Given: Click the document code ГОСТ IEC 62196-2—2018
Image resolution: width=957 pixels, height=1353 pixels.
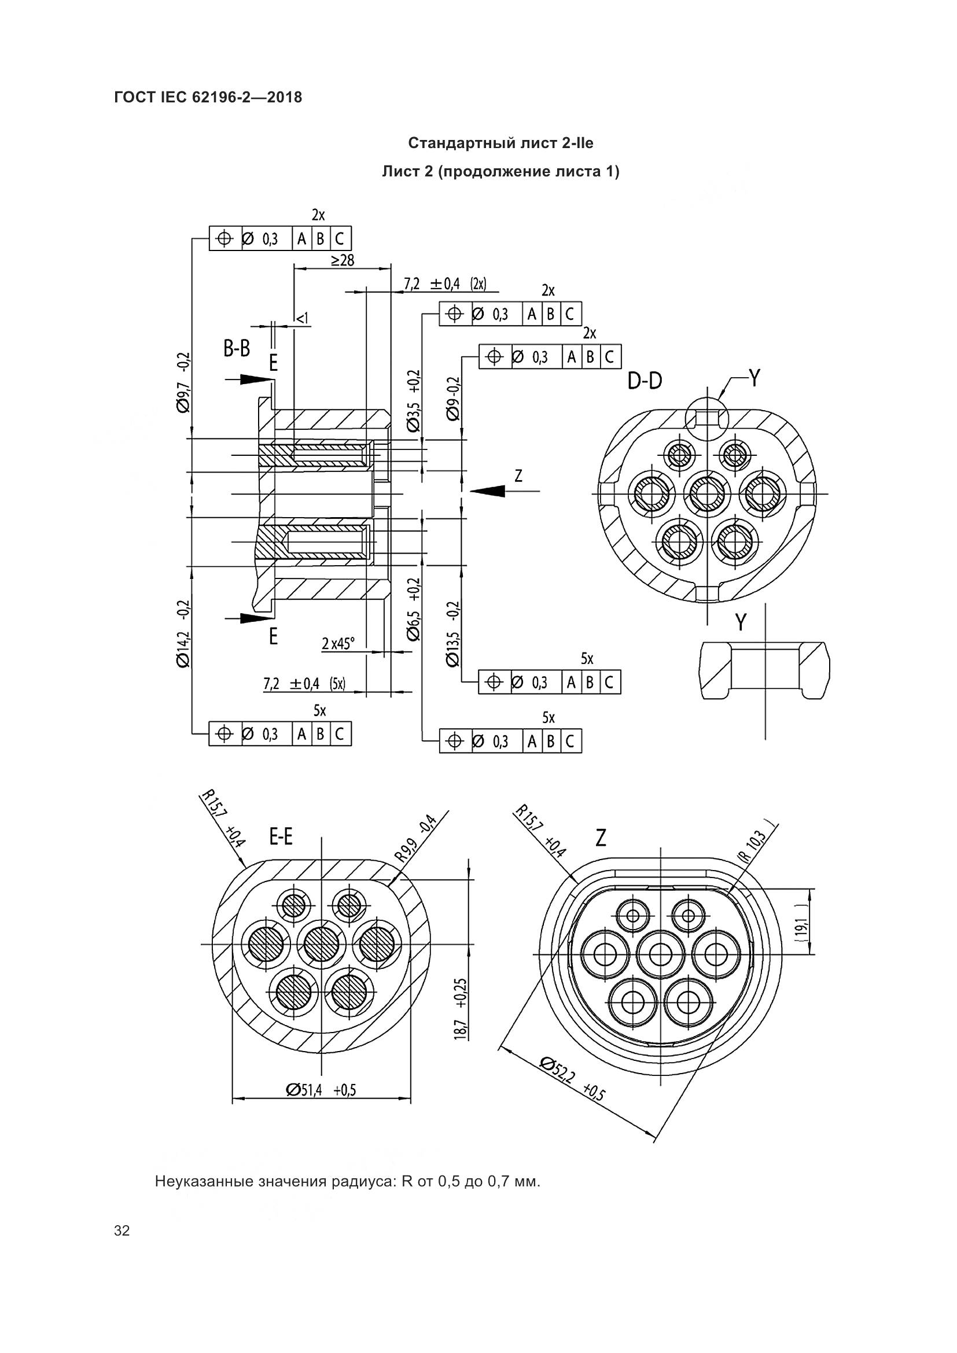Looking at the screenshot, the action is (208, 97).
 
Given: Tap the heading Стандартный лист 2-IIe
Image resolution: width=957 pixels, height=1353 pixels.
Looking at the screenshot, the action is (501, 143).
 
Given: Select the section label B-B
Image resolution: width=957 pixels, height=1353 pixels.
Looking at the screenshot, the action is (237, 349).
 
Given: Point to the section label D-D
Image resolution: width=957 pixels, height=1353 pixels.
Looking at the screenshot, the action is (645, 381).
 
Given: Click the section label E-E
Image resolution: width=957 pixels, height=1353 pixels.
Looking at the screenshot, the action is (281, 836).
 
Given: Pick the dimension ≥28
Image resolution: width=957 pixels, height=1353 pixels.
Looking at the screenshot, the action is (343, 260).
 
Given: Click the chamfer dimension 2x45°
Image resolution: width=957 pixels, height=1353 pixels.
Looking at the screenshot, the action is (338, 643).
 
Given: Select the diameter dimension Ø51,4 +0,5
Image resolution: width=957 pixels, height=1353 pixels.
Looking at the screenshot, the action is (321, 1090).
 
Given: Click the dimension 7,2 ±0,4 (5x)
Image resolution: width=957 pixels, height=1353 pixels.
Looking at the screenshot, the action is (304, 684).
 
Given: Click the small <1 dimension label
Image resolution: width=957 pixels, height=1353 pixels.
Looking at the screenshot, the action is (301, 319).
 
